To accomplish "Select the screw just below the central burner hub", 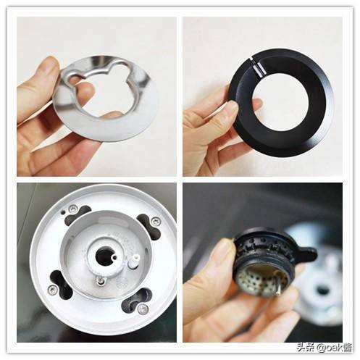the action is tap(100, 280).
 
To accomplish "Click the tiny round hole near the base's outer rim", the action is tap(63, 212).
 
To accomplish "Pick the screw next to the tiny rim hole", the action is tap(72, 209).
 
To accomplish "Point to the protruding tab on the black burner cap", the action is tap(306, 254).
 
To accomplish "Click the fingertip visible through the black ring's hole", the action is tap(257, 103).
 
